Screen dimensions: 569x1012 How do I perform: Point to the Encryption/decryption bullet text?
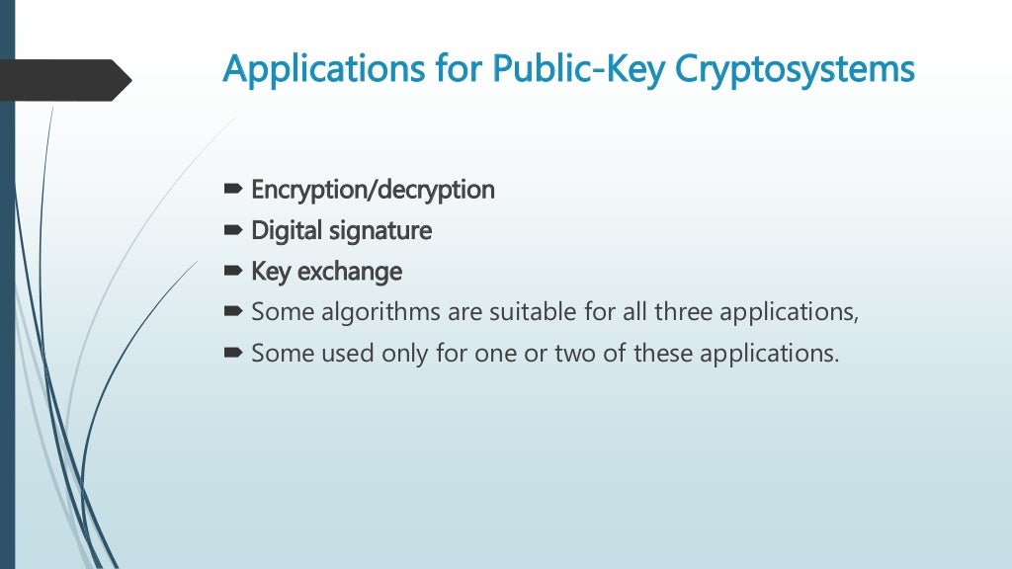click(373, 190)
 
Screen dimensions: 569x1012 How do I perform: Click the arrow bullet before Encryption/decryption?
click(233, 189)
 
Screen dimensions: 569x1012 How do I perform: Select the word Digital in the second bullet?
click(285, 231)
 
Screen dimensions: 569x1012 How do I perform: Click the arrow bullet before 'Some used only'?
click(233, 353)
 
